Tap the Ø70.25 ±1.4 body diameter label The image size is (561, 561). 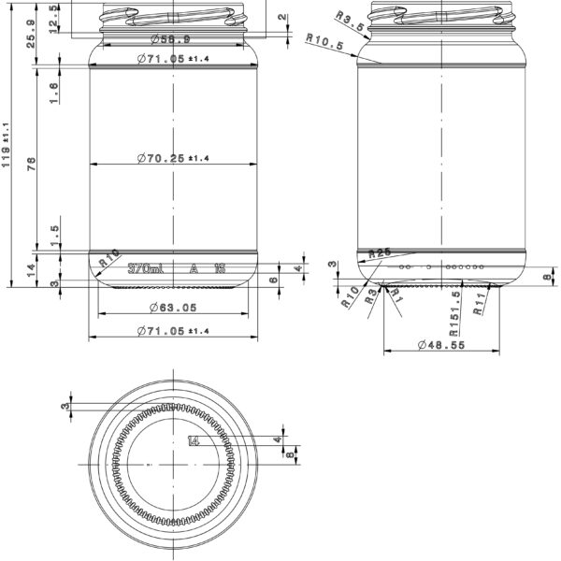pyautogui.click(x=173, y=159)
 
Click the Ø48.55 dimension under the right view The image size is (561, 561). pyautogui.click(x=439, y=345)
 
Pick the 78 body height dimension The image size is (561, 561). pyautogui.click(x=32, y=165)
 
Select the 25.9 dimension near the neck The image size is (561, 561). pyautogui.click(x=32, y=34)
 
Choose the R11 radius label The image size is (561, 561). pyautogui.click(x=479, y=304)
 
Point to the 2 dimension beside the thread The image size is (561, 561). pyautogui.click(x=283, y=19)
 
